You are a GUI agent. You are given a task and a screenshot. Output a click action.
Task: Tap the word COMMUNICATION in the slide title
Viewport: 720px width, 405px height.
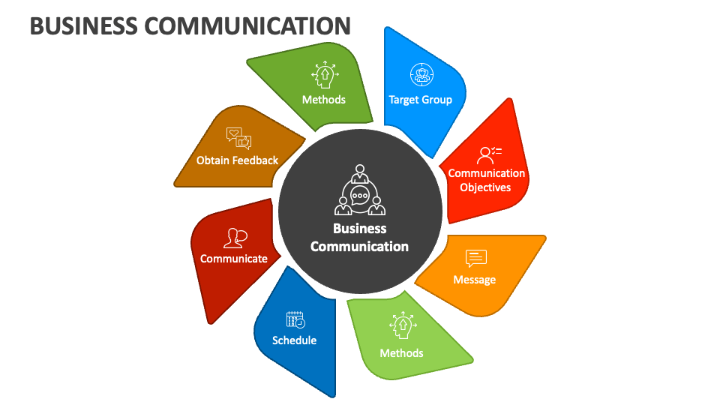[x=247, y=25]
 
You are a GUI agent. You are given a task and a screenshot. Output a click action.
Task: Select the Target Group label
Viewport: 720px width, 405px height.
[x=420, y=99]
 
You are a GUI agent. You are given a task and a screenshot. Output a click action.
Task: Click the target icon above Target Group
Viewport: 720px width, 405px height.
[x=421, y=74]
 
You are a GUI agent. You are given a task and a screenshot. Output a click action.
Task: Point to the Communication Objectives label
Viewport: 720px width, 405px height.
[x=487, y=180]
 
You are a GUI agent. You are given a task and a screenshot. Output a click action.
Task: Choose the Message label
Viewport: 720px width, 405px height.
[x=475, y=279]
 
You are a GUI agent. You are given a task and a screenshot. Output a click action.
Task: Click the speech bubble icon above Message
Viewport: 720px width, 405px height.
[x=475, y=258]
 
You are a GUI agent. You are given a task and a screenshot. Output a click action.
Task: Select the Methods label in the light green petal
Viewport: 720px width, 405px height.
[x=401, y=352]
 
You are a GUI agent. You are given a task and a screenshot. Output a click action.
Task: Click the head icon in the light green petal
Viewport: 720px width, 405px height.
[x=402, y=325]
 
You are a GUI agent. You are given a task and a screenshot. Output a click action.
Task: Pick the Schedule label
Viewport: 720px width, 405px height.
[x=294, y=340]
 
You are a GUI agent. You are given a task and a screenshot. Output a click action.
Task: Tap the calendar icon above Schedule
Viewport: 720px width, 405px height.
[x=295, y=319]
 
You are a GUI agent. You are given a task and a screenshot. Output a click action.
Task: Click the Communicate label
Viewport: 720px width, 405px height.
[x=233, y=258]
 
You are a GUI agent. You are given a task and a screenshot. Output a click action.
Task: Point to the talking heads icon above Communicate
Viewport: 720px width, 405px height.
[x=235, y=238]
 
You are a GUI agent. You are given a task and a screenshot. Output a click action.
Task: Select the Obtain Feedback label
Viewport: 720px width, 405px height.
[x=237, y=160]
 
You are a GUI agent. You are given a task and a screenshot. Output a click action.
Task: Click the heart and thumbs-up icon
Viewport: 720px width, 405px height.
[x=238, y=137]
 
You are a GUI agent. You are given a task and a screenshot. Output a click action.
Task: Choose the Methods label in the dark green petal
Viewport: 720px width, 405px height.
[x=323, y=99]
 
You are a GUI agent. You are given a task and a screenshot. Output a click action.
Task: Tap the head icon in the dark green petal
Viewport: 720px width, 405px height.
[x=324, y=74]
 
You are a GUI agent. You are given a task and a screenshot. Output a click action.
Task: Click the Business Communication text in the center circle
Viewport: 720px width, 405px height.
[x=359, y=237]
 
